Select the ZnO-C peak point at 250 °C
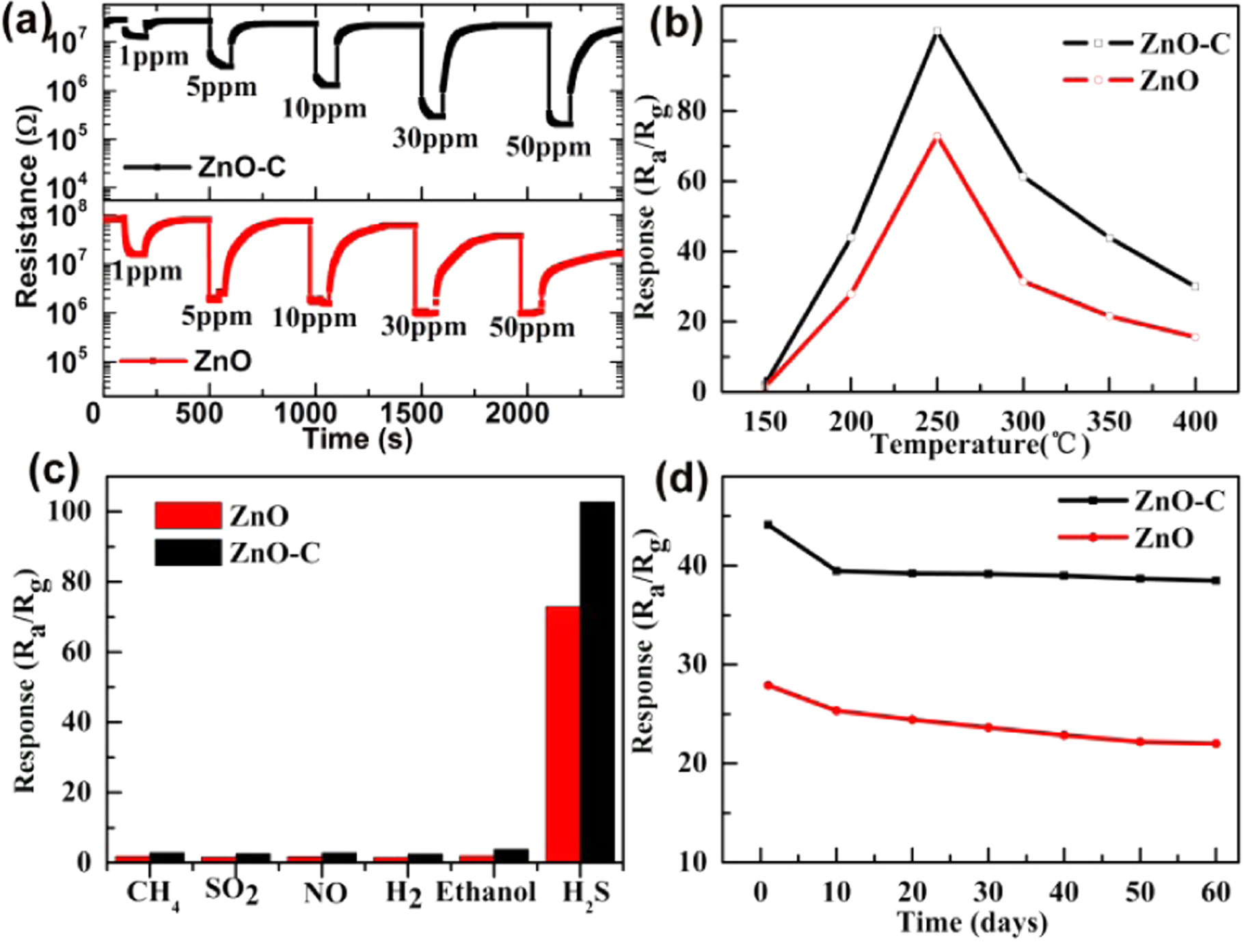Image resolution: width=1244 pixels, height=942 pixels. pos(937,31)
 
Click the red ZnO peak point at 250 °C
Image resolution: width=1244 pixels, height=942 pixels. pos(937,136)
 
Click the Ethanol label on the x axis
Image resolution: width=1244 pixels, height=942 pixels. pos(486,892)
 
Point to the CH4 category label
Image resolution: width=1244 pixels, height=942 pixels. pos(152,893)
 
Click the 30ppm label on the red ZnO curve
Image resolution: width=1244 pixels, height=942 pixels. pos(424,326)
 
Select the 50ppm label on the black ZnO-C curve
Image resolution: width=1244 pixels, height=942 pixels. pos(548,147)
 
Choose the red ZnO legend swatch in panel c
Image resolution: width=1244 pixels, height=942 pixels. pos(188,516)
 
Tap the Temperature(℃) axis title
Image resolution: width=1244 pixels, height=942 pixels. pos(980,445)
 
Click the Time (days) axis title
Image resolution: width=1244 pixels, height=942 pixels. pos(972,923)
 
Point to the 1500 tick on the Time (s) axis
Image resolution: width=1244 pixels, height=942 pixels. pos(411,414)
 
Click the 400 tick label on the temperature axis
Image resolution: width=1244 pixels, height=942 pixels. pos(1195,421)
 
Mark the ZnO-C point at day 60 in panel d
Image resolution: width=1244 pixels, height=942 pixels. pos(1216,581)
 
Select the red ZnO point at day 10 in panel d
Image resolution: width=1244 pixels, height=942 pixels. pos(837,711)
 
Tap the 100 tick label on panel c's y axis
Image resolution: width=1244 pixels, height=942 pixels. pos(69,511)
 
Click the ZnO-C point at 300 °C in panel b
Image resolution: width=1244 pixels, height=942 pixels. pos(1023,176)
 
